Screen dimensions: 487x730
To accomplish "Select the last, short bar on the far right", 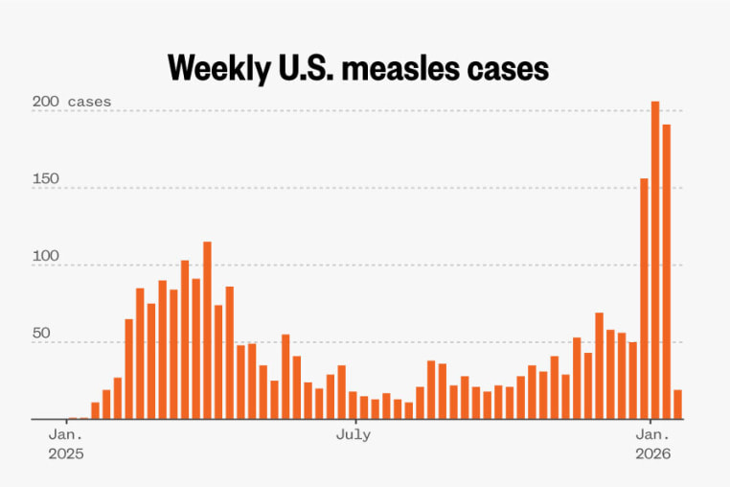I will [677, 405].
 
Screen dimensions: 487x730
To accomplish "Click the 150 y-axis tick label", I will [46, 179].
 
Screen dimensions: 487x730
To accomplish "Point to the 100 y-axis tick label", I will [46, 257].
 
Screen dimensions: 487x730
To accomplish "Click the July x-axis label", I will [354, 435].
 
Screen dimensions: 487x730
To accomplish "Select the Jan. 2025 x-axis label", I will [66, 444].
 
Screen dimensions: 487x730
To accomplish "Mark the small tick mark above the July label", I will [354, 423].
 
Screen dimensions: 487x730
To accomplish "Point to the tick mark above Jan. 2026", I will [651, 423].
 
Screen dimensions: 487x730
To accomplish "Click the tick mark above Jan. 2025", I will [66, 423].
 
